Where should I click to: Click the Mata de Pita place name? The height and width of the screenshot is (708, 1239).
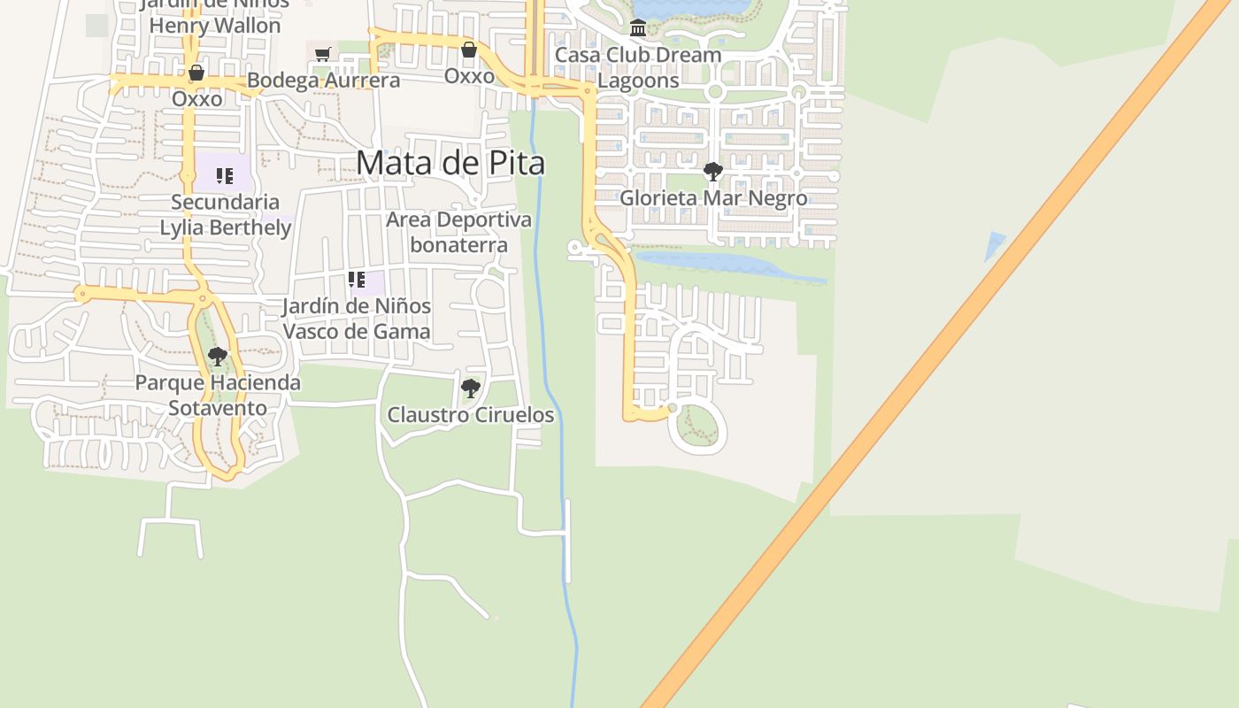pos(450,163)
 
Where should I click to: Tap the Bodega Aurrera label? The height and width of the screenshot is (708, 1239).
pos(323,81)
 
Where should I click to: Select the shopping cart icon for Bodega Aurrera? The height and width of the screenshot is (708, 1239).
pos(323,55)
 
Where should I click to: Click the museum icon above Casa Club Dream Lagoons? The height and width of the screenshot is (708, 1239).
pos(638,28)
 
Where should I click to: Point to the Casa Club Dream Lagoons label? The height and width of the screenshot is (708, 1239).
pos(638,67)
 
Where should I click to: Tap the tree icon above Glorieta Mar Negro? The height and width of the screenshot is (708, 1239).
pos(712,171)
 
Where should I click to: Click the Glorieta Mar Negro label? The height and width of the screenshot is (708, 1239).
pos(712,197)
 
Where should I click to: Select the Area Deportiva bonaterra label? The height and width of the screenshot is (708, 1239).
pos(458,232)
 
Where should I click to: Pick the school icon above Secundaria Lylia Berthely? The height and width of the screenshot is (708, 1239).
pos(224,176)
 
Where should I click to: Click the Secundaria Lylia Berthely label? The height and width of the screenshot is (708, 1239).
pos(225,215)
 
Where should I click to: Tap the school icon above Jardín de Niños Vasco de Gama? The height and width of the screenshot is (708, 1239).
pos(357,281)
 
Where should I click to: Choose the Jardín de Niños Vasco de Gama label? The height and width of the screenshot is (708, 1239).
pos(357,319)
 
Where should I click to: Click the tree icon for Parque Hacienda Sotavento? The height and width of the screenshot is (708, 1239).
pos(217,357)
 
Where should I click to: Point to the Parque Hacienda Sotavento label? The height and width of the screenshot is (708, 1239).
pos(218,396)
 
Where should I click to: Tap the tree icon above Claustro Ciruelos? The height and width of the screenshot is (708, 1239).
pos(471,388)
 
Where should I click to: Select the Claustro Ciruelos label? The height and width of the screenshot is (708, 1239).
pos(471,414)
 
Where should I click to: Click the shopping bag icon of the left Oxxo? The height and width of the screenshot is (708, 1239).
pos(196,73)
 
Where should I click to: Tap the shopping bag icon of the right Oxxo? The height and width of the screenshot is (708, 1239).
pos(469,50)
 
